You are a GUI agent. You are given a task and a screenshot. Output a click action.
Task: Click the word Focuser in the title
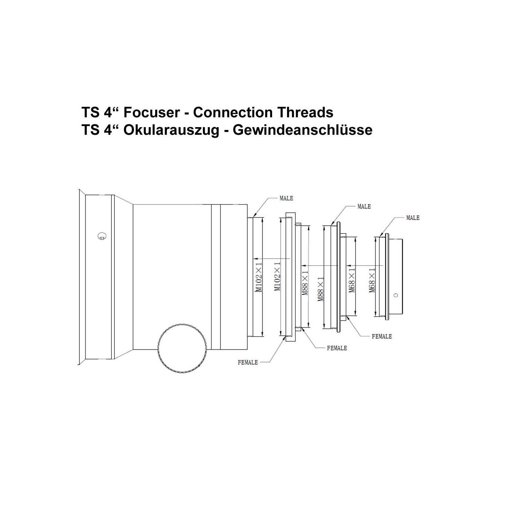[x=152, y=112]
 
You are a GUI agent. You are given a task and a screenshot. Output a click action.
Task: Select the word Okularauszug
[x=171, y=130]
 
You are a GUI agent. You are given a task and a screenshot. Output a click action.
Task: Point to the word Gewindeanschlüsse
[x=303, y=130]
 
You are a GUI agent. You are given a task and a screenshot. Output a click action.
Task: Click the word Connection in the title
[x=233, y=112]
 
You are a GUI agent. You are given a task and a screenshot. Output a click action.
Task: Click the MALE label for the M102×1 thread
[x=286, y=199]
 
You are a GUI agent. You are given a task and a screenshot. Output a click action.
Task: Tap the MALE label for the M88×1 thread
[x=364, y=207]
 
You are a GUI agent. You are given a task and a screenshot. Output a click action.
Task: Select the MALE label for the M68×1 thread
[x=413, y=218]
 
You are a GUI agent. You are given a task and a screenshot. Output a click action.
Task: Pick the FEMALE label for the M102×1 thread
[x=248, y=362]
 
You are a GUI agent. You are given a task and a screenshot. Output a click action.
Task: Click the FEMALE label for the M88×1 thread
[x=337, y=348]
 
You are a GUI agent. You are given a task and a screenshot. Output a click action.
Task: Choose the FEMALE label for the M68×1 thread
[x=382, y=336]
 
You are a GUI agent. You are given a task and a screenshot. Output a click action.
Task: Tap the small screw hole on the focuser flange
[x=102, y=236]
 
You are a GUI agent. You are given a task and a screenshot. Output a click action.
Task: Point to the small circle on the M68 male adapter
[x=396, y=295]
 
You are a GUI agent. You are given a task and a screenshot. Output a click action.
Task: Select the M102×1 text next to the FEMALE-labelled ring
[x=278, y=276]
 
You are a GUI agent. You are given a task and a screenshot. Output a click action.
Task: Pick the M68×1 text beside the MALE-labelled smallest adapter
[x=372, y=280]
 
